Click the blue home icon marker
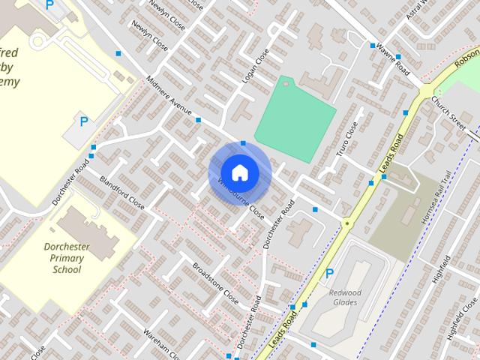tap(239, 172)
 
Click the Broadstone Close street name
tap(215, 280)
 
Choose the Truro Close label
tap(342, 136)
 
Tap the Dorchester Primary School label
tap(67, 257)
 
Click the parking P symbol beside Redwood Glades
tap(328, 274)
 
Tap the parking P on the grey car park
tap(84, 121)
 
